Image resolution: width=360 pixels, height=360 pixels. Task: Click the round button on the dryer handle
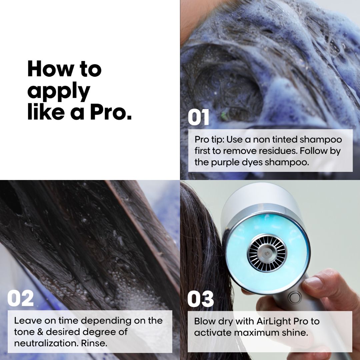tap(295, 297)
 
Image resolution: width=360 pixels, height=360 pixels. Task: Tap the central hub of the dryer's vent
tap(267, 254)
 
